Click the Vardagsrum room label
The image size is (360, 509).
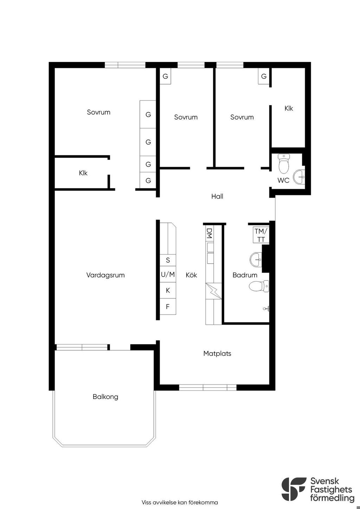[x=105, y=275]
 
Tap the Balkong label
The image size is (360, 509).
[x=105, y=397]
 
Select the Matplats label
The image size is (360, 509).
[x=217, y=354]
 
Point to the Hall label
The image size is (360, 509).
[x=217, y=196]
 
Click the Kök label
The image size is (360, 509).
[x=191, y=275]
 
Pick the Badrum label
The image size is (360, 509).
[x=245, y=275]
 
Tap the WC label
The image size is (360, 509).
[x=283, y=180]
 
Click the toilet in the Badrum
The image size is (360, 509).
[x=259, y=286]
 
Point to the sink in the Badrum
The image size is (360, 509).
[x=256, y=259]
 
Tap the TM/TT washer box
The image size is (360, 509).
[x=261, y=235]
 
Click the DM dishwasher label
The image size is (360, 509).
[x=209, y=233]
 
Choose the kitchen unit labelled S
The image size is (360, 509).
[x=168, y=260]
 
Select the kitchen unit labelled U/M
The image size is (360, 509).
[x=168, y=275]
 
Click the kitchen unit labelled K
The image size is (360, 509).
[x=168, y=290]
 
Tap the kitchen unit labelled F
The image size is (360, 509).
[x=168, y=307]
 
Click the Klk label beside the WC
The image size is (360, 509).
[x=289, y=108]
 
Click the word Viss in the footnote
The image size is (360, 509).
[x=146, y=502]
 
